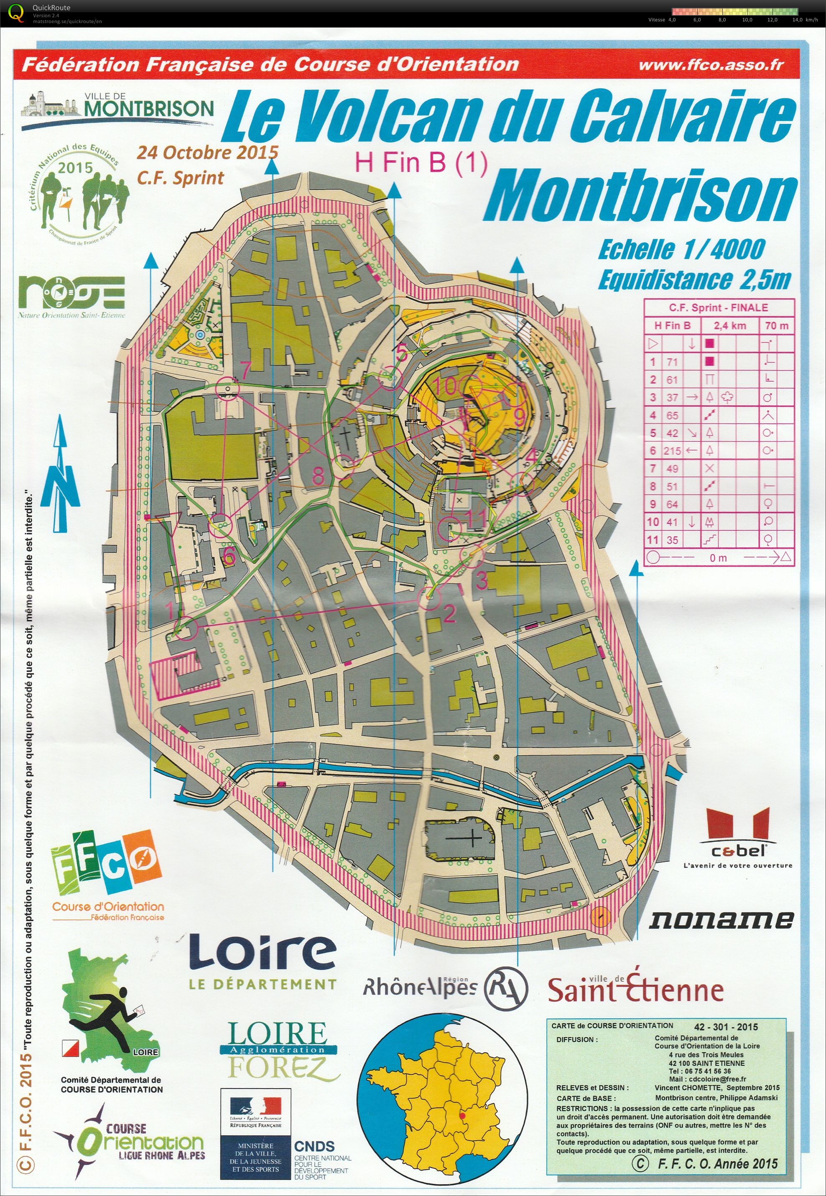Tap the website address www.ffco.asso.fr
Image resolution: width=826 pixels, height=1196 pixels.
(x=711, y=65)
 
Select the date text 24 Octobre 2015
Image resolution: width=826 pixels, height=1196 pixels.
(x=207, y=153)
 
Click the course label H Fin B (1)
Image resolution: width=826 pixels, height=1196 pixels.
(x=420, y=163)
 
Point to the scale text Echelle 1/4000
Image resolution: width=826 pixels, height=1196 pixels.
(x=681, y=250)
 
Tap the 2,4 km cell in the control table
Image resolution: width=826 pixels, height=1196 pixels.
(x=730, y=326)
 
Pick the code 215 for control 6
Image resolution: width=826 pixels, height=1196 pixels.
(x=672, y=451)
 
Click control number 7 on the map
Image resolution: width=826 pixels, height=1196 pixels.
(x=245, y=370)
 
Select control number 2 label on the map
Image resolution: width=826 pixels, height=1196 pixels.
(x=449, y=613)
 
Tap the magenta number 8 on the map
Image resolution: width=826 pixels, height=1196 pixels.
(x=318, y=475)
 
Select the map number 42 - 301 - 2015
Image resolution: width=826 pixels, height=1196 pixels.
(x=726, y=1027)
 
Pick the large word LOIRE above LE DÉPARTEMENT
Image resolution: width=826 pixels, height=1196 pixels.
(x=262, y=953)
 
